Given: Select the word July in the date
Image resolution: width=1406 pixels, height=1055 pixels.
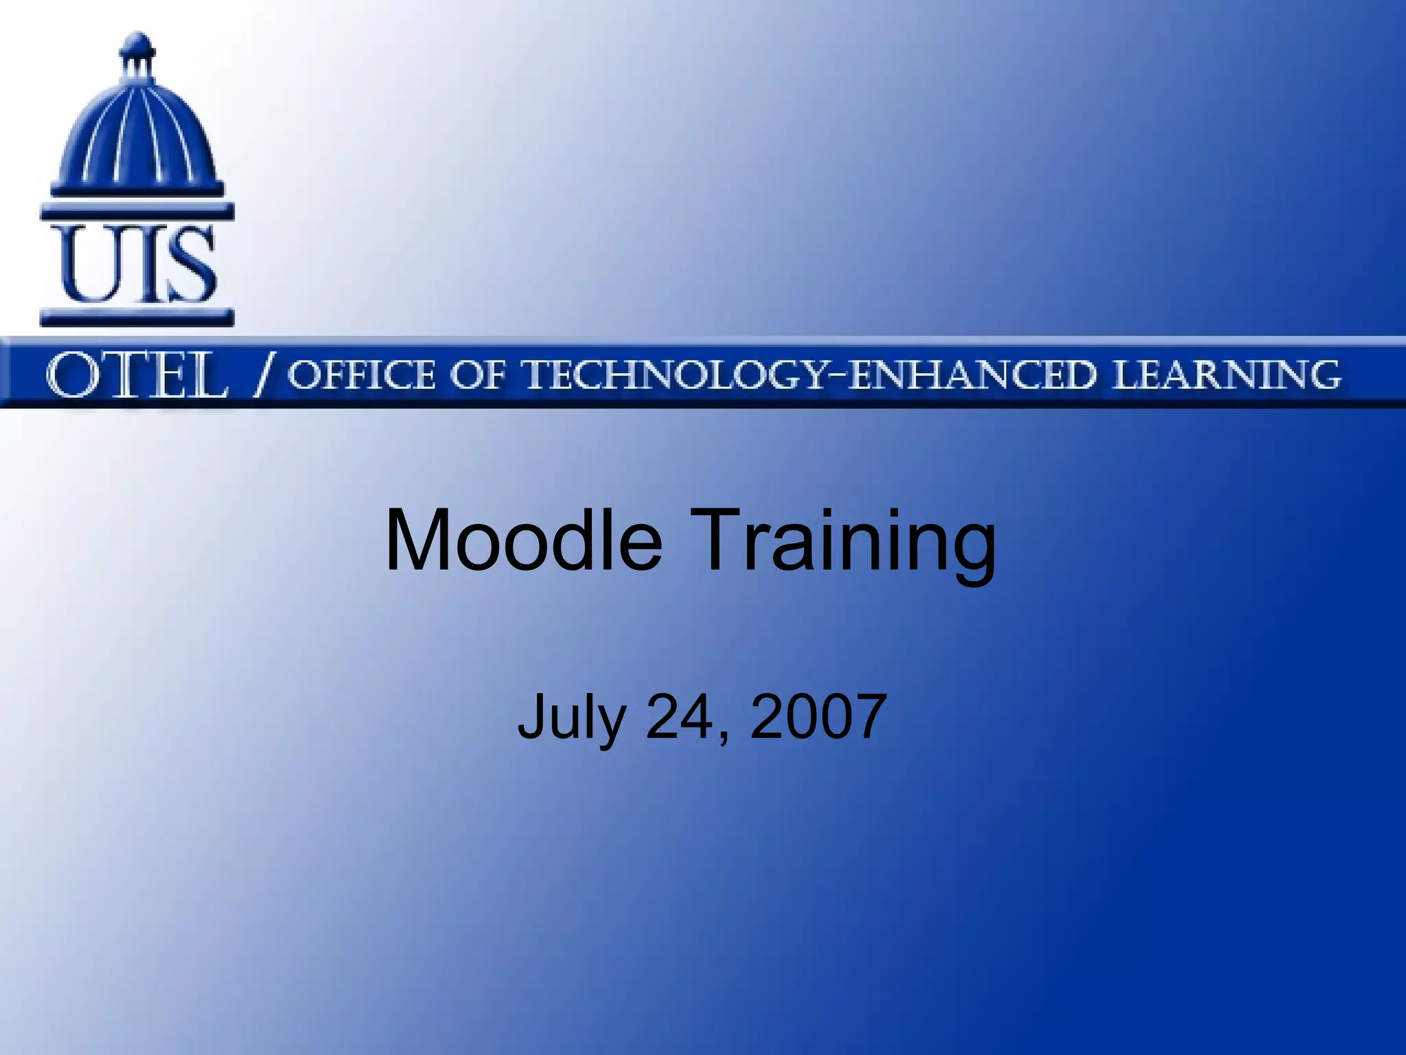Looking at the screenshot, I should click(x=571, y=718).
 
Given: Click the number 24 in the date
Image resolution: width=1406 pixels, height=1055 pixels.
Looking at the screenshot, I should click(x=680, y=716).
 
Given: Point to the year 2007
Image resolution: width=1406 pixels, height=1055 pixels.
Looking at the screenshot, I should click(x=818, y=716).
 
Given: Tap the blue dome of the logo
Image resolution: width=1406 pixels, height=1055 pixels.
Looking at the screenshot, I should click(x=137, y=131).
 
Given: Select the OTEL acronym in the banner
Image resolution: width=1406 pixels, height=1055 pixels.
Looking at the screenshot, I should click(x=136, y=375).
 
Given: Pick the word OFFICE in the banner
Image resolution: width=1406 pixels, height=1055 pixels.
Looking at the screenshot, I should click(x=361, y=375).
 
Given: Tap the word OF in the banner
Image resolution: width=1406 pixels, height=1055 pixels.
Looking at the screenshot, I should click(x=478, y=375).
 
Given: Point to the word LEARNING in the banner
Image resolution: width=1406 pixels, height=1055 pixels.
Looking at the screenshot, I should click(x=1226, y=375).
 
